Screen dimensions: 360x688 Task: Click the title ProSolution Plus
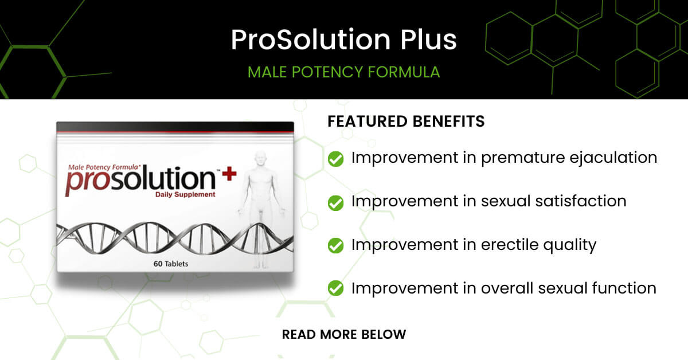[x=343, y=40]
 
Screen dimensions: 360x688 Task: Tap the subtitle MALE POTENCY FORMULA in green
[x=343, y=72]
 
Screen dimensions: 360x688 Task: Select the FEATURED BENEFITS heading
[x=406, y=122]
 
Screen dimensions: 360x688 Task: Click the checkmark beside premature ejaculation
[x=335, y=159]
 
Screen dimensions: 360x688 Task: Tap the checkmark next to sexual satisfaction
[x=335, y=202]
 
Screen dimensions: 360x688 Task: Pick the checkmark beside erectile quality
[x=335, y=246]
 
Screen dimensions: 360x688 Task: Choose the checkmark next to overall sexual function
[x=335, y=289]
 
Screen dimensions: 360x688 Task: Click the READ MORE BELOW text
[x=343, y=334]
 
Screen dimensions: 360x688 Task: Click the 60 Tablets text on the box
[x=171, y=264]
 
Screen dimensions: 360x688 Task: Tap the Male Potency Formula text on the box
[x=101, y=166]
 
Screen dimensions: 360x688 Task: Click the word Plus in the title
[x=426, y=40]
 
